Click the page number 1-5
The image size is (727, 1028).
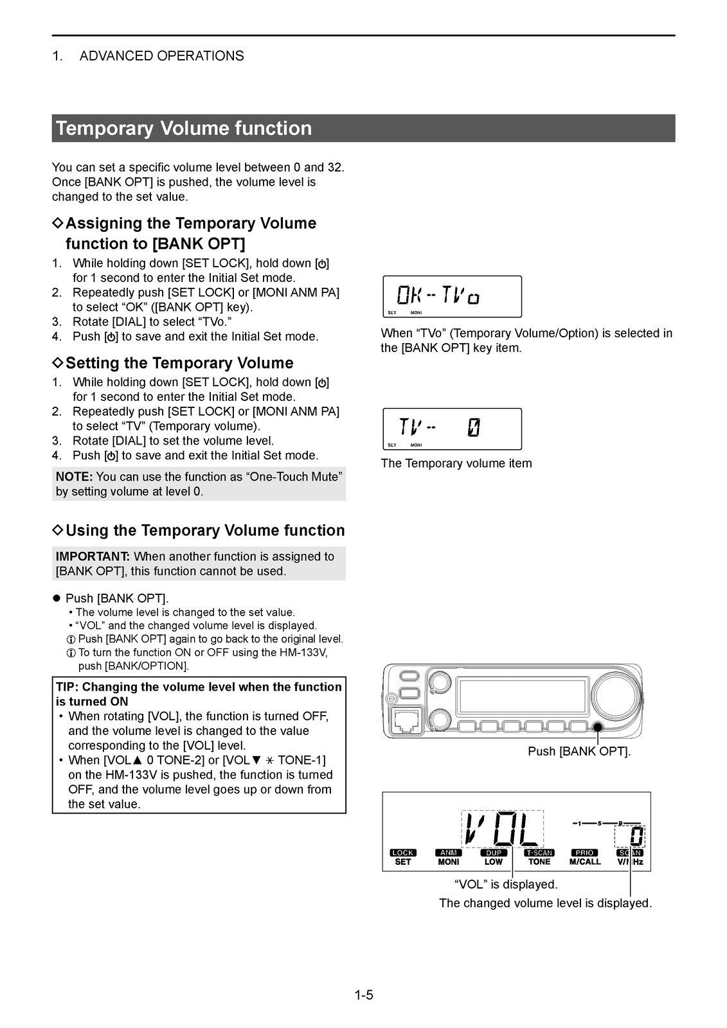tap(363, 995)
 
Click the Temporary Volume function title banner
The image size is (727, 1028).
tap(363, 128)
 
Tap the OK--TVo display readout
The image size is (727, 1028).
tap(438, 296)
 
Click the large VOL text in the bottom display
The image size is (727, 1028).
tap(501, 829)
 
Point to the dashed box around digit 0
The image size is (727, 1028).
tap(629, 837)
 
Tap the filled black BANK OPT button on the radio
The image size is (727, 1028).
tap(598, 727)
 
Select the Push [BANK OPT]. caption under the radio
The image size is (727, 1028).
tap(579, 751)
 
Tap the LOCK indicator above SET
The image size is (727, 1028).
tap(403, 853)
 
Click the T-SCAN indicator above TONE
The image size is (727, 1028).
tap(539, 853)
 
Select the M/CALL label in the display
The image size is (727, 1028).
tap(585, 862)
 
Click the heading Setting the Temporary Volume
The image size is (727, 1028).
tap(179, 363)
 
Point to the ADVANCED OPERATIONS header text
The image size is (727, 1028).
tap(161, 56)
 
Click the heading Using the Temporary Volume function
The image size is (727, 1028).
tap(205, 531)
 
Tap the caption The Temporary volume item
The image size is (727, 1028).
tap(456, 463)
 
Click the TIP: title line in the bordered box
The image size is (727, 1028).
tap(199, 687)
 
